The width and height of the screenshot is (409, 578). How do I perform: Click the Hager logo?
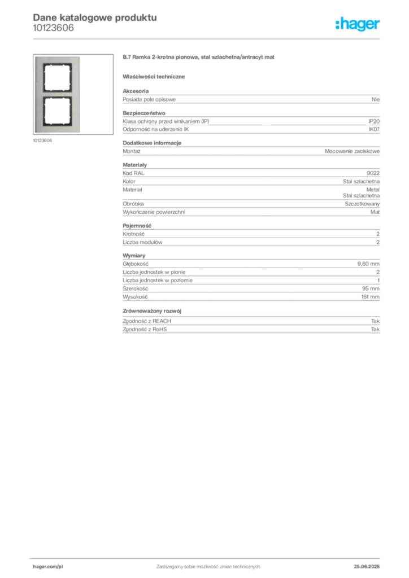(357, 24)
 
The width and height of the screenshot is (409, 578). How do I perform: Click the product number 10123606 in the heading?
(53, 28)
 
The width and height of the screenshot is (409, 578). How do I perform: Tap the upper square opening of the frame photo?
(57, 78)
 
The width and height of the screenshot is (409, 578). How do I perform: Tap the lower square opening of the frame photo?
(57, 111)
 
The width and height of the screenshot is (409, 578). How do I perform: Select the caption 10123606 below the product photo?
(42, 141)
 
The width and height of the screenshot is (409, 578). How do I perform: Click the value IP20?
(374, 121)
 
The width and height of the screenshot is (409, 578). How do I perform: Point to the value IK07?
(374, 129)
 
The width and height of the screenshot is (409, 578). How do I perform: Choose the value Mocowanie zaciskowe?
(352, 151)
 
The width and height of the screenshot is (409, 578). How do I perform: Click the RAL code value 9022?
(373, 173)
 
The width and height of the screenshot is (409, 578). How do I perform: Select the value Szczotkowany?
(362, 204)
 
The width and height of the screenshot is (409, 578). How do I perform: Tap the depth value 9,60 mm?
(368, 264)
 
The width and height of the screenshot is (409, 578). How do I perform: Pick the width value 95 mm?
(371, 288)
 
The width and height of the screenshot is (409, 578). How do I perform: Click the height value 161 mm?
(370, 297)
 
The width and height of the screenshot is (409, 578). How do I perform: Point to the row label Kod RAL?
(133, 173)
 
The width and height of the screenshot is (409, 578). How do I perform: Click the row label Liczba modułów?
(142, 242)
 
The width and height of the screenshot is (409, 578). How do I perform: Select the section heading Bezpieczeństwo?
(144, 113)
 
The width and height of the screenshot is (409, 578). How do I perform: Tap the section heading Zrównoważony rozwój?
(152, 311)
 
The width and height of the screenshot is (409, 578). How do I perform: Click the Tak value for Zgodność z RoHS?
(376, 329)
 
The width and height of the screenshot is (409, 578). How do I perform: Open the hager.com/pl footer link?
(48, 567)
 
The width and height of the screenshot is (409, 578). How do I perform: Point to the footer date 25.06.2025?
(367, 567)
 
